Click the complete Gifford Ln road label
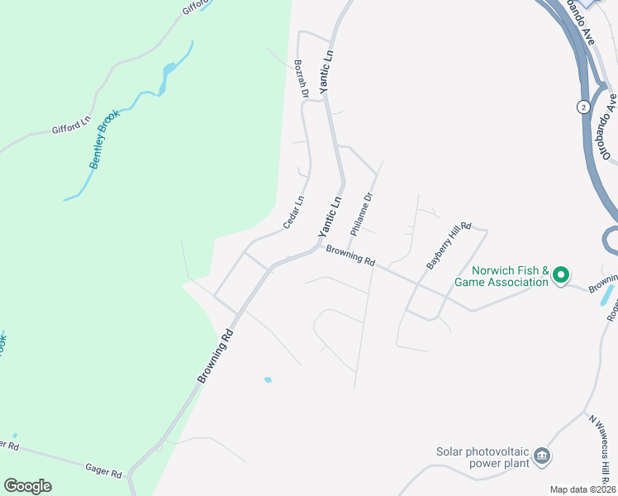(71, 126)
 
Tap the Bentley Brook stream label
(105, 139)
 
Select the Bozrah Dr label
(301, 79)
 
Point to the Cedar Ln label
(293, 212)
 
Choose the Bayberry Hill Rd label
(448, 245)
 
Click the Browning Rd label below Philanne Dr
(350, 256)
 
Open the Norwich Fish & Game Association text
(501, 276)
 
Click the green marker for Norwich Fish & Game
(560, 274)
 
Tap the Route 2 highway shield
(582, 107)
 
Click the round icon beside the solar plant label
(542, 455)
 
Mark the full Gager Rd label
(103, 470)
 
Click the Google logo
(27, 486)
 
